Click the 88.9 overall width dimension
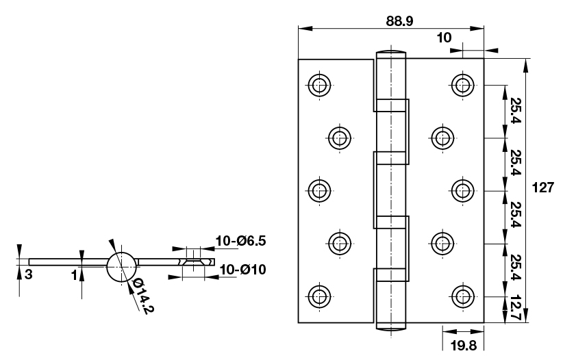[x=399, y=21]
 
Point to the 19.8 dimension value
[x=464, y=346]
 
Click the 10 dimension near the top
[x=445, y=38]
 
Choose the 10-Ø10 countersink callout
[x=237, y=269]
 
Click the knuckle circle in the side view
[x=121, y=266]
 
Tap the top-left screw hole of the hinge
[x=318, y=86]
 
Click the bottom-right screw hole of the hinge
[x=464, y=297]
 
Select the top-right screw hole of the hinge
[x=464, y=86]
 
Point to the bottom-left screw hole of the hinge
[x=318, y=297]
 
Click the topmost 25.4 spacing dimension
[x=514, y=112]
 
